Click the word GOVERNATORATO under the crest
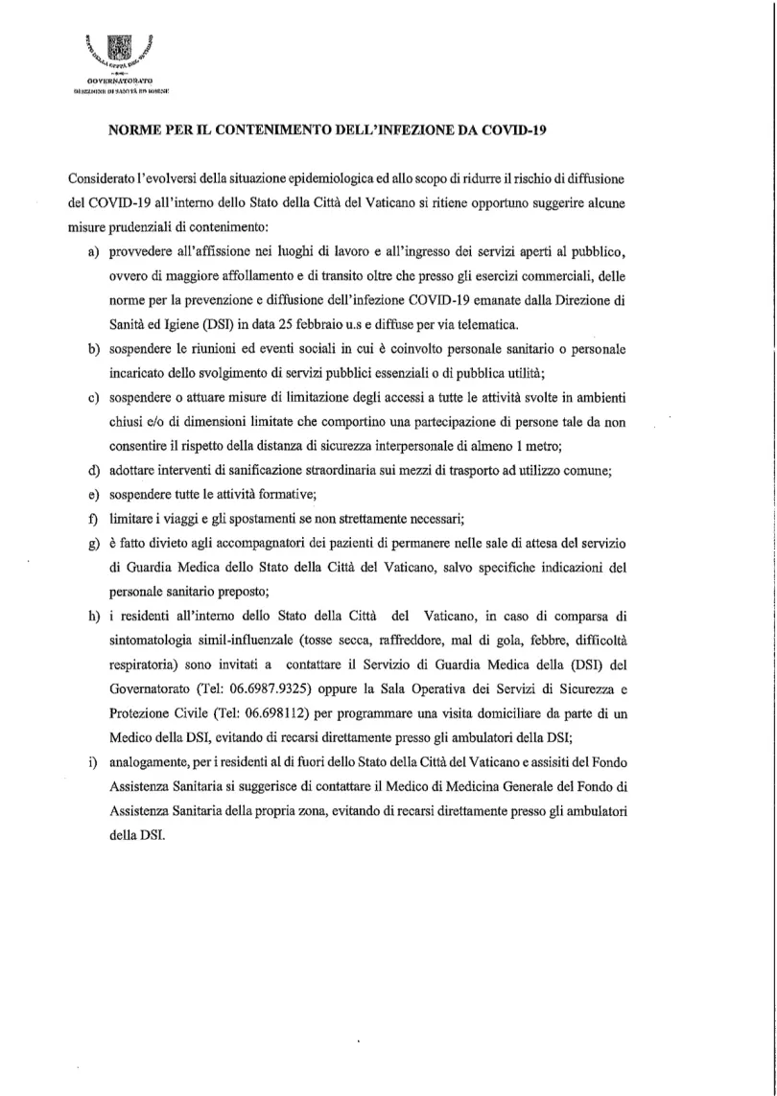point(120,83)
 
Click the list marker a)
point(95,252)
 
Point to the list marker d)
point(95,470)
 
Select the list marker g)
point(95,543)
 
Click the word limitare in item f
point(132,519)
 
